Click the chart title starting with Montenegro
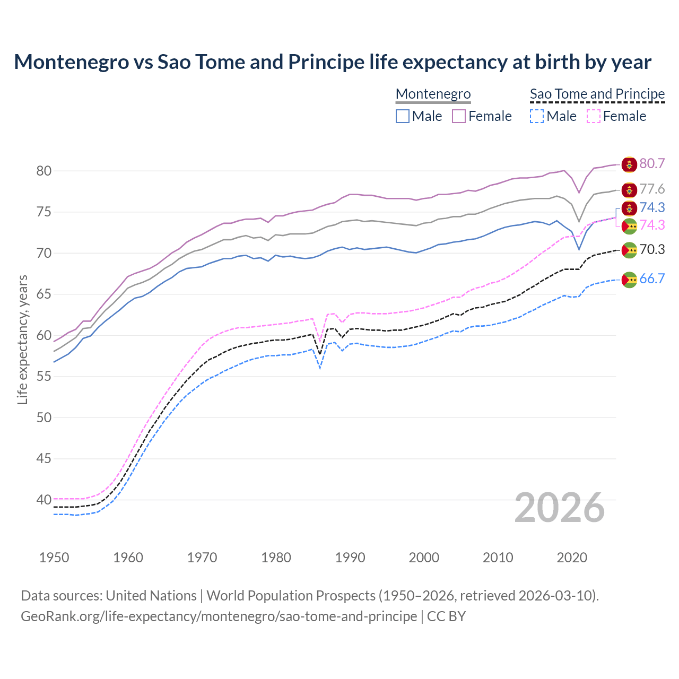point(333,62)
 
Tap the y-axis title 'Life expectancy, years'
point(22,339)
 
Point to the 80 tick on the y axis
point(43,171)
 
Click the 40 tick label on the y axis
point(43,500)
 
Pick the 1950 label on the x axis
point(54,558)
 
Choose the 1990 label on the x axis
point(350,558)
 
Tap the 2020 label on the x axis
point(572,558)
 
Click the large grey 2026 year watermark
point(560,508)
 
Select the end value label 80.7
point(652,163)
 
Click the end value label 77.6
point(652,189)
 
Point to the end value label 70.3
point(652,249)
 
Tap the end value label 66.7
point(652,278)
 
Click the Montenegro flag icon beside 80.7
point(629,164)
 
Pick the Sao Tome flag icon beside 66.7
point(629,280)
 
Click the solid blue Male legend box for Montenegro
point(403,116)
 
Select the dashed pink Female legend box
point(594,116)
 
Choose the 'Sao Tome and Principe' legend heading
point(597,94)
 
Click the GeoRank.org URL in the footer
point(219,616)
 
